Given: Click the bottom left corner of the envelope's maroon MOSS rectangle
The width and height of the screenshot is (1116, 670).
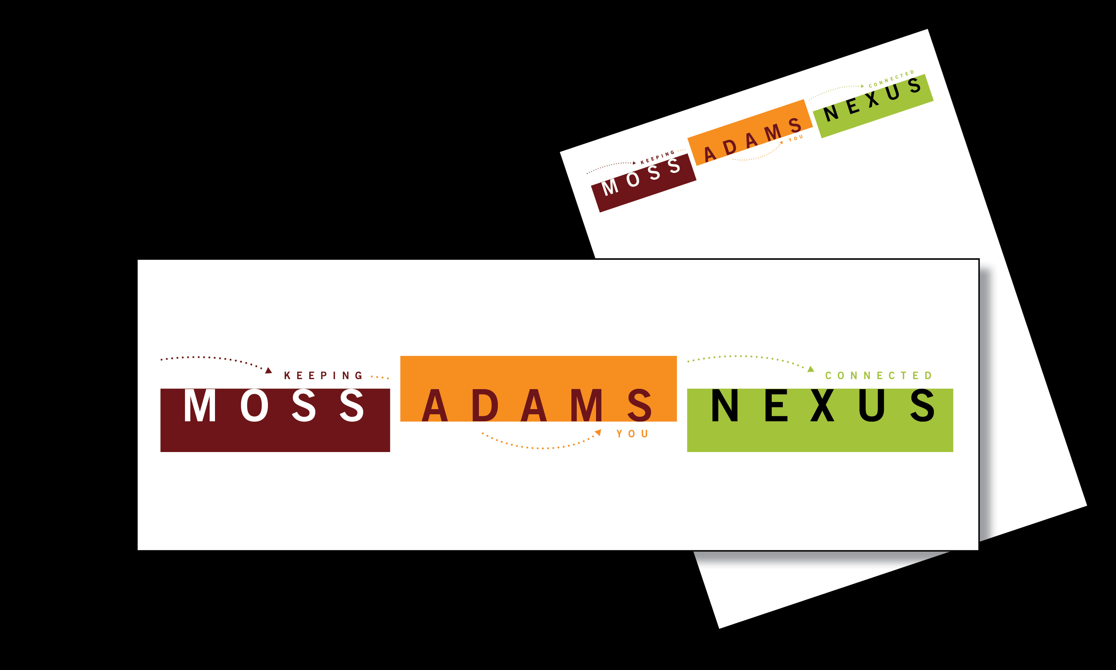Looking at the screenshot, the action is pos(161,451).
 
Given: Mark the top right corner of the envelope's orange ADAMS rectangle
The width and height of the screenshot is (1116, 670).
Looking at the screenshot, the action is pos(677,356).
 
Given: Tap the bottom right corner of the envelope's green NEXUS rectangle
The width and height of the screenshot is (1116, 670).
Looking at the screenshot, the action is pos(953,451).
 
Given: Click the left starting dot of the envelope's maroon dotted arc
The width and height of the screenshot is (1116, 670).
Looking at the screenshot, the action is pos(161,359).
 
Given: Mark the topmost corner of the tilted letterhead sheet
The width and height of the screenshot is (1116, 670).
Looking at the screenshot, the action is pos(927,29).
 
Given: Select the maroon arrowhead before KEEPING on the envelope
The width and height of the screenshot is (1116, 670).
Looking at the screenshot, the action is pos(269,371).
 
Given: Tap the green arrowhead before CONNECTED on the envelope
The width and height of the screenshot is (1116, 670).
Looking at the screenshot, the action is pos(811,369).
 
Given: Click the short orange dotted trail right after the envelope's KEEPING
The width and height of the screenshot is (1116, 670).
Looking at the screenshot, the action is pos(379,377).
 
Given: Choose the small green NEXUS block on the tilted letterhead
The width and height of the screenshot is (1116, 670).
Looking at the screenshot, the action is pos(873,106).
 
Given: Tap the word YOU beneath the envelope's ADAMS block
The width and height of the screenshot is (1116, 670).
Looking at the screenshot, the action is pos(632,434).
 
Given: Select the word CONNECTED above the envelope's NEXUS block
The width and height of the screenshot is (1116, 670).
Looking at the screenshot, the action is pos(878,376).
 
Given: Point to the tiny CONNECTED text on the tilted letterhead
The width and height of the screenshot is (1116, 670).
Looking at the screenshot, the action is pos(891,79).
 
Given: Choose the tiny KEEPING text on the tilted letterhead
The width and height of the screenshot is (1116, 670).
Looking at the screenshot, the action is pos(657,158).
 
